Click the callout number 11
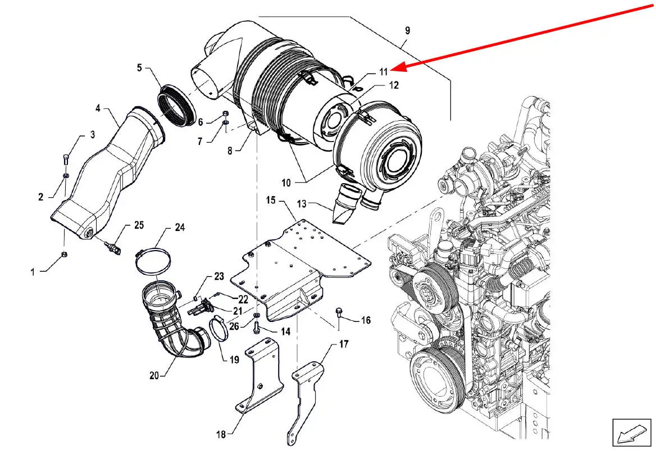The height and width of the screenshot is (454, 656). click(x=384, y=72)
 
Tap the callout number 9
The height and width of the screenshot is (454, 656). click(x=408, y=30)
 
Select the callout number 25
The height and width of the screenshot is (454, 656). click(x=139, y=225)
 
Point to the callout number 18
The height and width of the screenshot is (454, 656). click(x=221, y=435)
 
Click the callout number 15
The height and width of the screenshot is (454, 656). click(x=271, y=200)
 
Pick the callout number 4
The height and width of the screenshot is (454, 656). click(x=98, y=108)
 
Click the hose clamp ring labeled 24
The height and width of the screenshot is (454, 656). click(x=153, y=262)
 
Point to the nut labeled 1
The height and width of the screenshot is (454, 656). click(x=64, y=254)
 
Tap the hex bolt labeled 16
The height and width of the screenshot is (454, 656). click(x=339, y=312)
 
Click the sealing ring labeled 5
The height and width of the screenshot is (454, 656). click(x=176, y=105)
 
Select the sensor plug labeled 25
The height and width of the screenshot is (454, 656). click(x=112, y=247)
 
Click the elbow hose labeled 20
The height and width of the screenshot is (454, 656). click(x=173, y=319)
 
